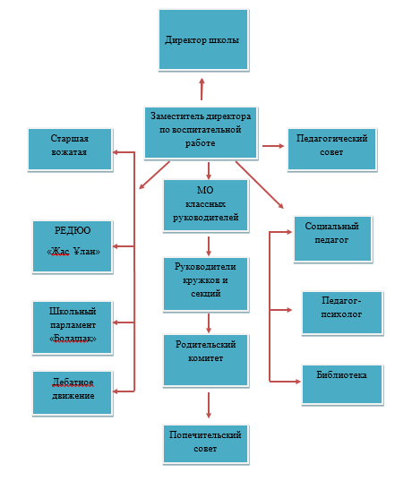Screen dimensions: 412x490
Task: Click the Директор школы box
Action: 203,39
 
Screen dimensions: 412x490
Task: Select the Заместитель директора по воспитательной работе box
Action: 201,133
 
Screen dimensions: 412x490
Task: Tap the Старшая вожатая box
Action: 70,149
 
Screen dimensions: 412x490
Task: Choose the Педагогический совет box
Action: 331,149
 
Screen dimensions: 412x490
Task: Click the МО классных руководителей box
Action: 205,205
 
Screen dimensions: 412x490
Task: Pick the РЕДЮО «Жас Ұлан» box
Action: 73,246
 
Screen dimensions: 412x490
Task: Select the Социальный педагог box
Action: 332,238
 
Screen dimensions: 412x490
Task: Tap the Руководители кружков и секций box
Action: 205,284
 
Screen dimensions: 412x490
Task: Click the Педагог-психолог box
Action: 342,313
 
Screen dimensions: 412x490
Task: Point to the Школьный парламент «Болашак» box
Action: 73,327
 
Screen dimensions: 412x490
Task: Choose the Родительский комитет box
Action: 205,360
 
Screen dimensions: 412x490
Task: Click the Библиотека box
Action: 342,384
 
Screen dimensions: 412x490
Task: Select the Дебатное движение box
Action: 73,392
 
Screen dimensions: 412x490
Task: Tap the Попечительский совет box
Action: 205,443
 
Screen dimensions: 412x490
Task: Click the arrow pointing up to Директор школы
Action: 202,89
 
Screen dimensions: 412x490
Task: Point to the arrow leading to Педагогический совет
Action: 273,146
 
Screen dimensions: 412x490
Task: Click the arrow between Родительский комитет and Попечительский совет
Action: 209,405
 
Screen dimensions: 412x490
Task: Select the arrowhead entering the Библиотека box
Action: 297,382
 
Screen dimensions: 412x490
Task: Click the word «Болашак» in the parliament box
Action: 73,339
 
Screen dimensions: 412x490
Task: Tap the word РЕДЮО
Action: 73,230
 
